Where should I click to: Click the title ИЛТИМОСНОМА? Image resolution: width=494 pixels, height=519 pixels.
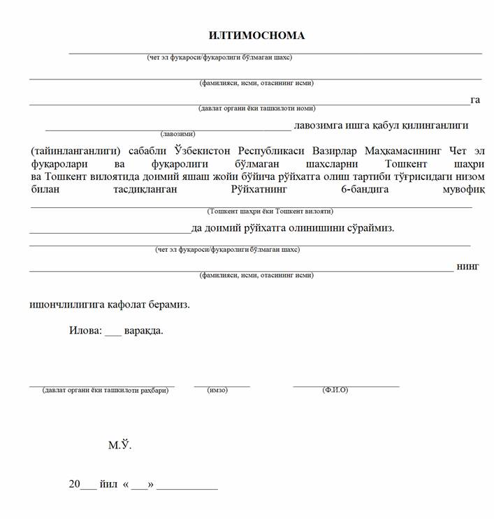pyautogui.click(x=256, y=36)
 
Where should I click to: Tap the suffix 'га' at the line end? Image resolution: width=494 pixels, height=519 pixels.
pyautogui.click(x=475, y=100)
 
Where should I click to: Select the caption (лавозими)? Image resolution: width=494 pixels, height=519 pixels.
pyautogui.click(x=177, y=133)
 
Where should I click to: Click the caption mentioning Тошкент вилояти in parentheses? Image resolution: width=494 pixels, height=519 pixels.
pyautogui.click(x=270, y=211)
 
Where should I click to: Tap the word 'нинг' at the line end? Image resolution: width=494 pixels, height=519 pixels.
pyautogui.click(x=467, y=266)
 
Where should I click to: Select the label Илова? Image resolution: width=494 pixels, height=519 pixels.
pyautogui.click(x=85, y=330)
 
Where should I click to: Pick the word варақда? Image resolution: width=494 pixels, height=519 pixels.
pyautogui.click(x=144, y=330)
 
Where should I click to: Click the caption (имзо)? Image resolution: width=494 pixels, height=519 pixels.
pyautogui.click(x=217, y=391)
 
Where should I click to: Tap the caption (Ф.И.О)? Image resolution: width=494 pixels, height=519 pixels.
pyautogui.click(x=335, y=391)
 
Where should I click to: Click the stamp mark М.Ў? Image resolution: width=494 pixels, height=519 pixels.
pyautogui.click(x=119, y=444)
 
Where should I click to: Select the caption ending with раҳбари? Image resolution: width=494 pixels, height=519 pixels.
pyautogui.click(x=105, y=391)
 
